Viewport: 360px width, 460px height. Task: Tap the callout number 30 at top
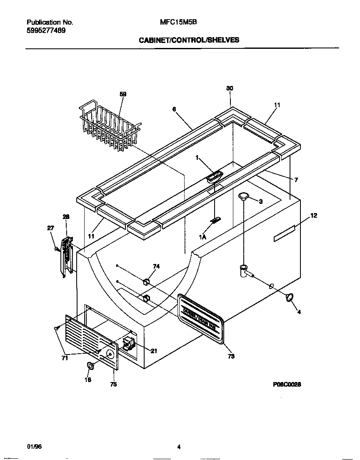coord(230,88)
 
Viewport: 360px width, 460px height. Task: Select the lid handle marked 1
coord(214,177)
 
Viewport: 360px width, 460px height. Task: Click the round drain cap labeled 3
coord(244,196)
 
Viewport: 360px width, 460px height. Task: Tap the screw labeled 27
coord(57,249)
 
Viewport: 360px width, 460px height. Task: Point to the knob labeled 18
coord(90,366)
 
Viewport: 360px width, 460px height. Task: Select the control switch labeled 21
coord(128,344)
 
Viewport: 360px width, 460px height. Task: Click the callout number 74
coord(156,266)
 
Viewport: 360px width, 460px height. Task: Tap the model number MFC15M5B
coord(178,23)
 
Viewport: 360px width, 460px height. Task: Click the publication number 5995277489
coord(46,30)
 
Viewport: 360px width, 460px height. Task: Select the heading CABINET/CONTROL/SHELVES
coord(189,40)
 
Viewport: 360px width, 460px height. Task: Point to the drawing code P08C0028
coord(287,385)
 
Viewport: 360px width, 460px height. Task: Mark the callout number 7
coord(296,180)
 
